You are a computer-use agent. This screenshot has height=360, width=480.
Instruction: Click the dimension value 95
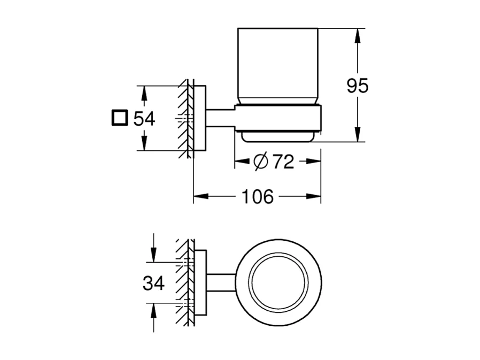358,86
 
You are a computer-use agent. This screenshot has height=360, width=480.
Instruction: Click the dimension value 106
257,197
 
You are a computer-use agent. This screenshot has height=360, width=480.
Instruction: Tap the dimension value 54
144,118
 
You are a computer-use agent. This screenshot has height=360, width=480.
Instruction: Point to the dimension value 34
153,283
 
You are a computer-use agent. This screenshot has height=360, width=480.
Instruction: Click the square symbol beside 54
120,118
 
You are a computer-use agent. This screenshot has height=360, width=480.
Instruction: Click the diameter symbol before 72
260,162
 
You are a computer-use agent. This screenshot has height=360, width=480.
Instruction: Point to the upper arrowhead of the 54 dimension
143,93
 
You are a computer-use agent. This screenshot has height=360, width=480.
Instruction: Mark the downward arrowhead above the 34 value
153,256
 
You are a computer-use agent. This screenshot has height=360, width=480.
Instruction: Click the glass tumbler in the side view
278,64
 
